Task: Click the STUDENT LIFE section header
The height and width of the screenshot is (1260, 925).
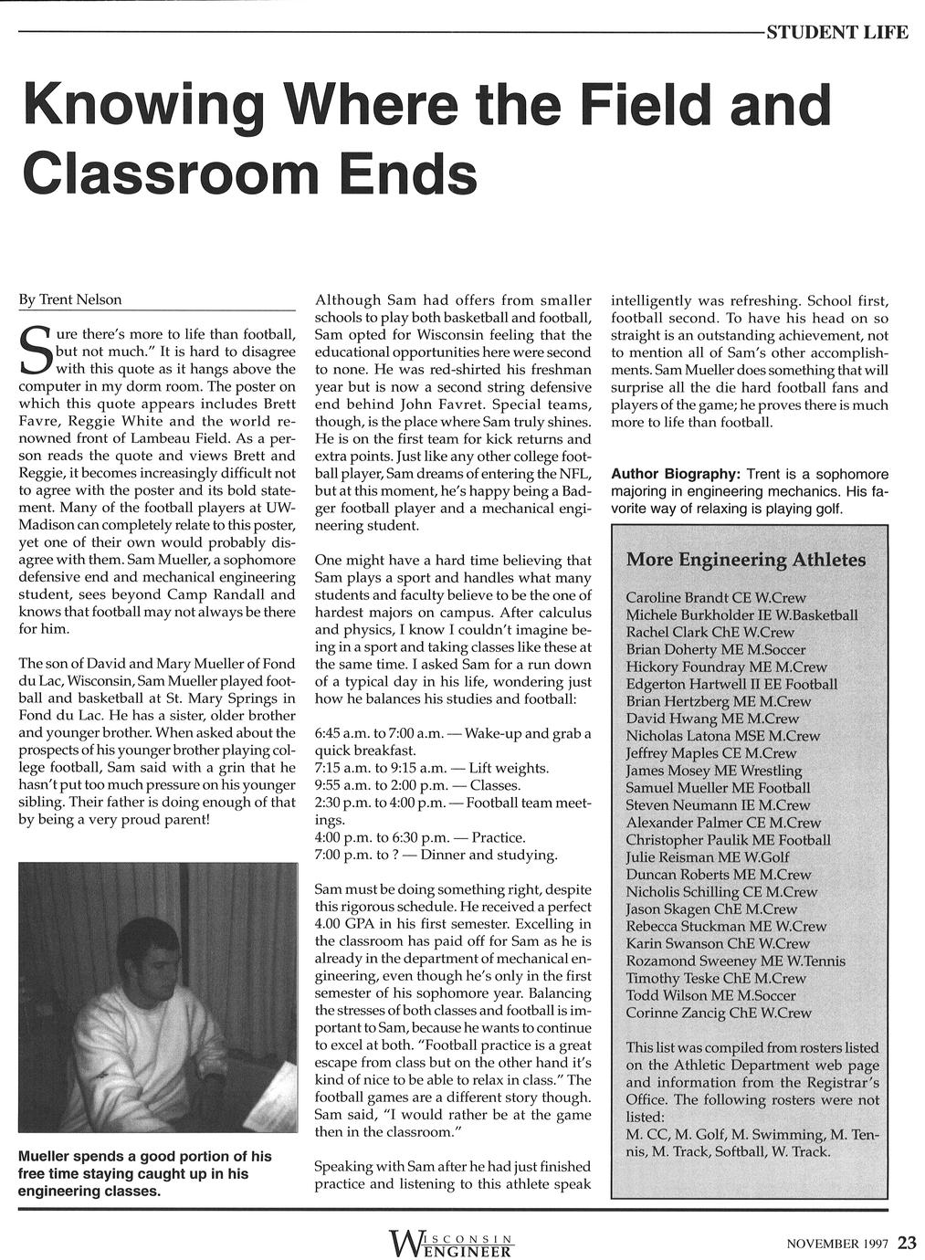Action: (836, 34)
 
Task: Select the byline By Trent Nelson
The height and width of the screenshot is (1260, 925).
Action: (70, 299)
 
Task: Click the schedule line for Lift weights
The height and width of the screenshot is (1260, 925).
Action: (431, 768)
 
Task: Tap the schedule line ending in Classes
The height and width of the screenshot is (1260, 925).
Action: (417, 785)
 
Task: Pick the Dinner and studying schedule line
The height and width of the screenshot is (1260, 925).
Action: (436, 855)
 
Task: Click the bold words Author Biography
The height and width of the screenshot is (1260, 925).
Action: (675, 475)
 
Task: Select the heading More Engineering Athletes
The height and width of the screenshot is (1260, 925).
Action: (746, 560)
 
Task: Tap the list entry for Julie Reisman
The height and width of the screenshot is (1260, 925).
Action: (708, 857)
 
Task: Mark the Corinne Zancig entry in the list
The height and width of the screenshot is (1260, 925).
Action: (719, 1013)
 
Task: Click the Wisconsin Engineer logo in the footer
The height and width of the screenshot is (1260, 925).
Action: (451, 1243)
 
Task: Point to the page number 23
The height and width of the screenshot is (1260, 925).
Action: (907, 1243)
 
